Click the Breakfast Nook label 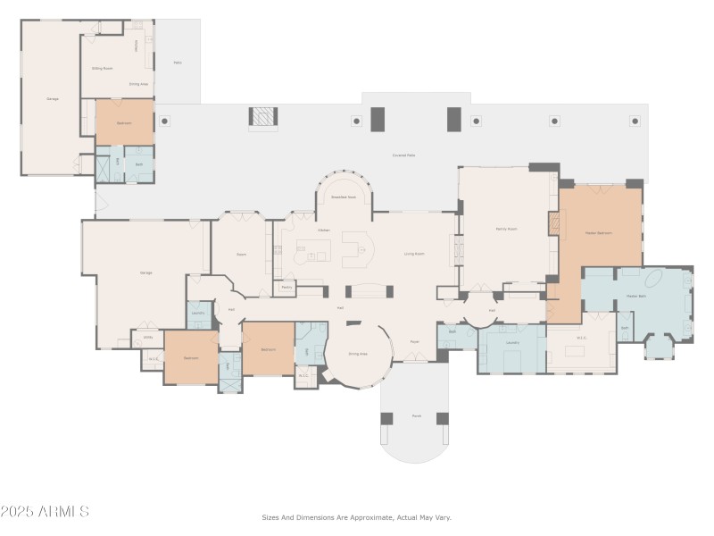click(344, 197)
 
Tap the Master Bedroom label click(598, 232)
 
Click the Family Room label click(506, 230)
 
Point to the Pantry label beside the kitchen click(286, 287)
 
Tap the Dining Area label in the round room click(358, 354)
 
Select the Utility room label click(148, 338)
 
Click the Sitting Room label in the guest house click(102, 68)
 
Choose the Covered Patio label click(403, 155)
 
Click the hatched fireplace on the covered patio click(262, 116)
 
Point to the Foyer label click(415, 341)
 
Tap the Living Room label click(413, 254)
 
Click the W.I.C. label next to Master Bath click(582, 338)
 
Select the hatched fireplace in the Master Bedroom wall click(553, 223)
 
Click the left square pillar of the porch click(386, 418)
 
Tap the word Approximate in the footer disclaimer click(363, 517)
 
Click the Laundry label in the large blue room click(512, 342)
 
